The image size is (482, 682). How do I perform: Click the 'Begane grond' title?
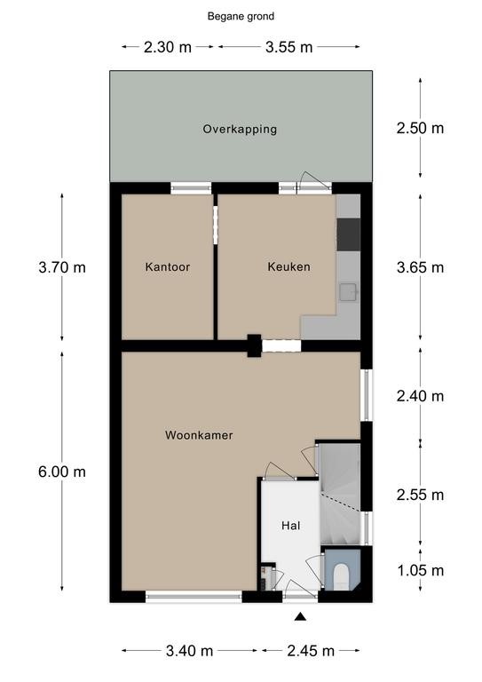point(241,17)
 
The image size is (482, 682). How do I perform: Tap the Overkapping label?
point(240,129)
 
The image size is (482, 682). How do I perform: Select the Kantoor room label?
point(168,266)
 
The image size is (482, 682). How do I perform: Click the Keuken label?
point(289,266)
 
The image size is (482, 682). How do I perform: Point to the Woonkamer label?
point(199,435)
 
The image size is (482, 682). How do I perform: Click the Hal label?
point(291,526)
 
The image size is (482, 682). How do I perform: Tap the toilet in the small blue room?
point(341,575)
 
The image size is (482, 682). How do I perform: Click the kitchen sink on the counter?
point(348,292)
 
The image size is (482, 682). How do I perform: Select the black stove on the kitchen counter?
point(349,234)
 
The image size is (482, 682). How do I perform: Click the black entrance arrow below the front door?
point(300,616)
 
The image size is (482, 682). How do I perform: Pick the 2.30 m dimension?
point(168,47)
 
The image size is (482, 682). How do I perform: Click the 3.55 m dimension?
point(289,47)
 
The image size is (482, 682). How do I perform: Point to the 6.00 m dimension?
point(62,472)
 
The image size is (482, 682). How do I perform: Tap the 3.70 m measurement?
point(62,267)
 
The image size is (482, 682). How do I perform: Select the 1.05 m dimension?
point(420,570)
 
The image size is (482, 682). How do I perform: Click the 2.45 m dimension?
point(311,651)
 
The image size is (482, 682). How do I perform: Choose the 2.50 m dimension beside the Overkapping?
point(420,128)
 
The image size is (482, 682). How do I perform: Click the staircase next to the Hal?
point(340,494)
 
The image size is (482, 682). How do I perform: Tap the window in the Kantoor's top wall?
point(191,188)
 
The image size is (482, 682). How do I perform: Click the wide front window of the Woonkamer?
point(194,597)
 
